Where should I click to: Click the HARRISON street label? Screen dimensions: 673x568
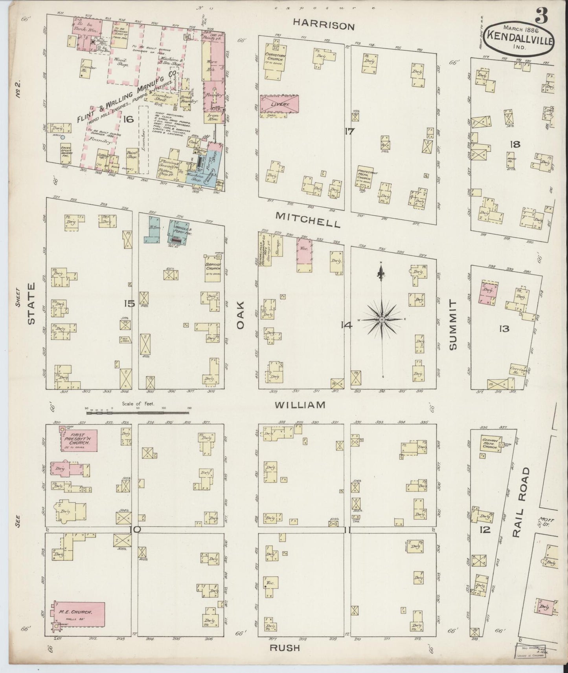tap(324, 26)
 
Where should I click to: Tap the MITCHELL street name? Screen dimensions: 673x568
tap(308, 220)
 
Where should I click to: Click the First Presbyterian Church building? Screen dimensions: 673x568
tap(78, 439)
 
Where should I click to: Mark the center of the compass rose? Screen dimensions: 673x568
tap(381, 320)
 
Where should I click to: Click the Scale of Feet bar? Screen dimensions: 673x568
tap(138, 412)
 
